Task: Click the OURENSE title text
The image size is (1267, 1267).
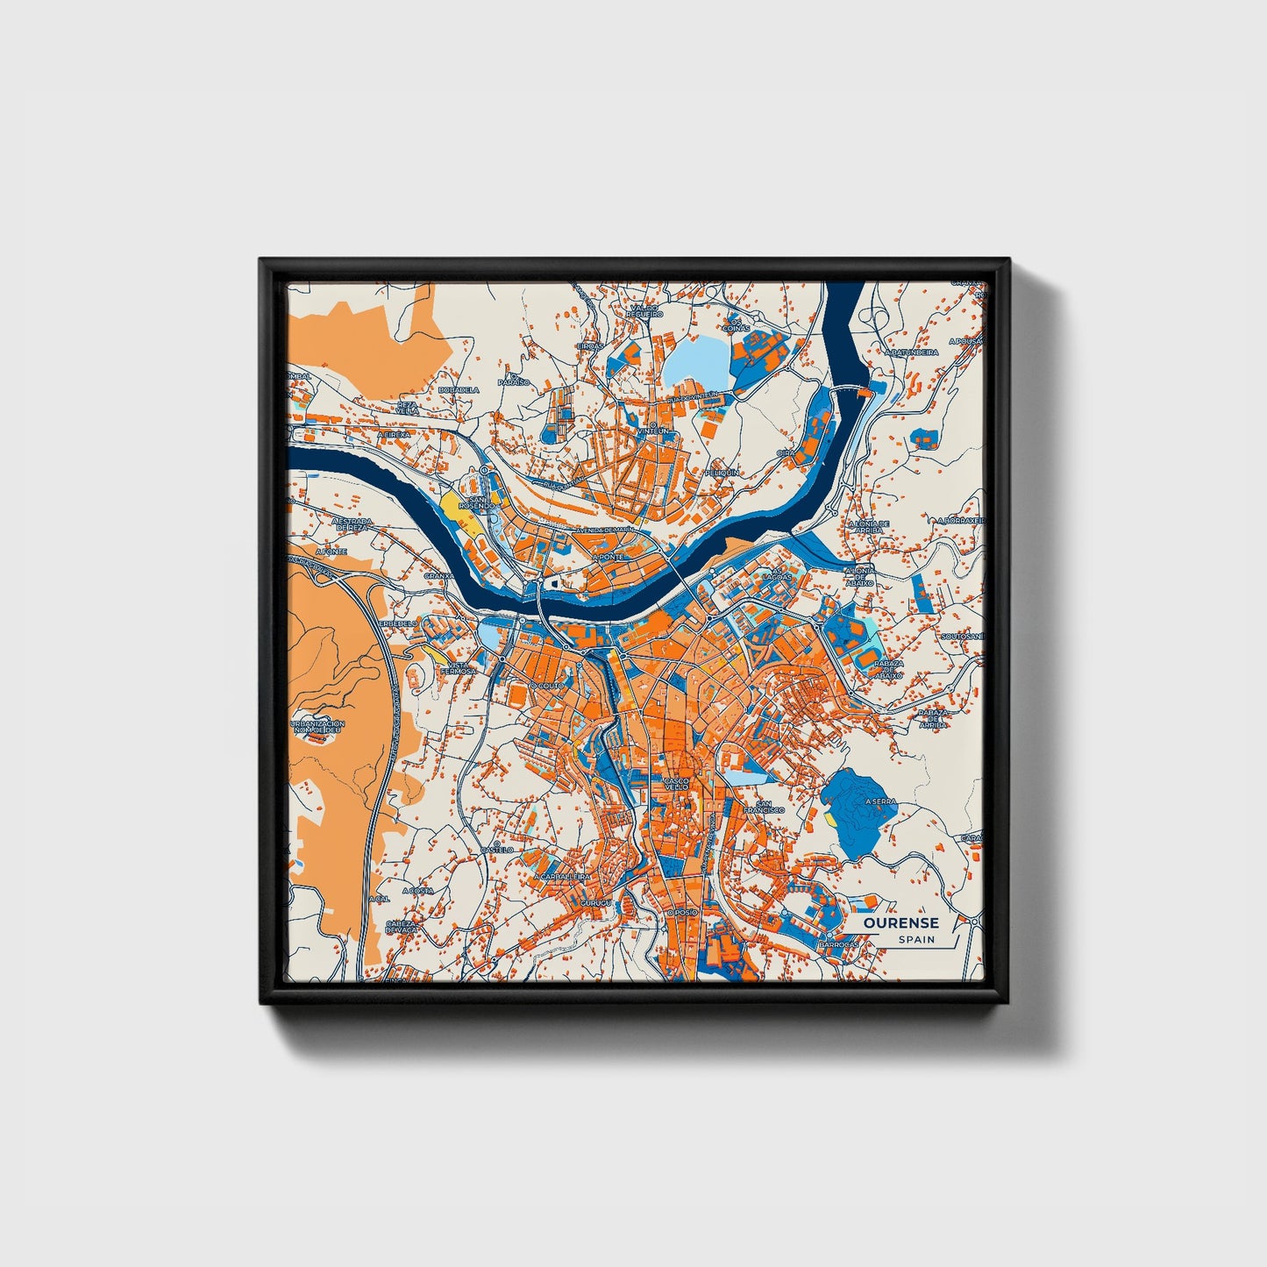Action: (900, 922)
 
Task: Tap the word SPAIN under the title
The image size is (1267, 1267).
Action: (915, 940)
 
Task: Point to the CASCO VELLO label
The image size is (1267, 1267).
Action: (677, 783)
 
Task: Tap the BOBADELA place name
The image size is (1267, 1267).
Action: (459, 389)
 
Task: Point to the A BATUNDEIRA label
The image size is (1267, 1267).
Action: (912, 352)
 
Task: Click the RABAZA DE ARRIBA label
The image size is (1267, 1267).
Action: (934, 717)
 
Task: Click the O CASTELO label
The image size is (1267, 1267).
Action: (496, 849)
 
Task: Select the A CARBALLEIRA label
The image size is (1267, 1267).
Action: (562, 876)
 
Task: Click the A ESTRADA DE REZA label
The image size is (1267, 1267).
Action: (352, 524)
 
